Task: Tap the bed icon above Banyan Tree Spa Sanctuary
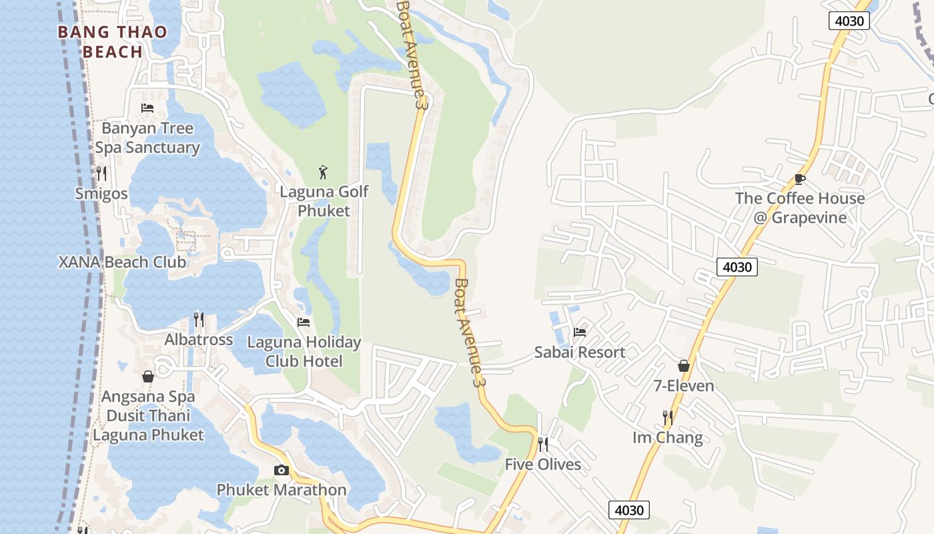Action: coord(147,107)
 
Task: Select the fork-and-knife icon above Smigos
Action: coord(101,174)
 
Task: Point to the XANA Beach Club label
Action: coord(122,262)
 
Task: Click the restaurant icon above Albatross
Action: coord(199,320)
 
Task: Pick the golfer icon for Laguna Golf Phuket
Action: coord(324,172)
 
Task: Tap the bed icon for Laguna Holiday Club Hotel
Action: coord(304,322)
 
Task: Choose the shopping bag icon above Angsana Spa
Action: coord(148,376)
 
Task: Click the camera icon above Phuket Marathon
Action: coord(281,470)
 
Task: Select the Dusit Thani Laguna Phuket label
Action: coord(148,425)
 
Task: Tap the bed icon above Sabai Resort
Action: coord(580,332)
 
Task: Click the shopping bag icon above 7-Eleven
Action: coord(684,366)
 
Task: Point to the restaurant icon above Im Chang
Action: coord(668,418)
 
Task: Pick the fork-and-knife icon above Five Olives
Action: coord(543,445)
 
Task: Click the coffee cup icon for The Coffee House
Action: coord(800,179)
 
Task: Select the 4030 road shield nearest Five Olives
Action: coord(628,510)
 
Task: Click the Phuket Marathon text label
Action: coord(282,490)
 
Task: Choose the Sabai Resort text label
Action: coord(580,352)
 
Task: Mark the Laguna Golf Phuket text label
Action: coord(324,201)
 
